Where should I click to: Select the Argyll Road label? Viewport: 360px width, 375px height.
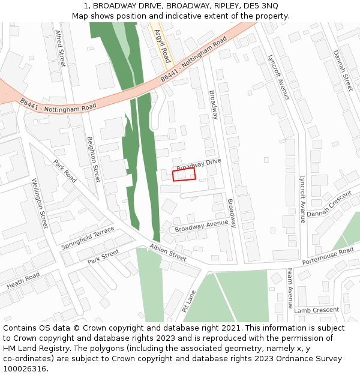[162, 45]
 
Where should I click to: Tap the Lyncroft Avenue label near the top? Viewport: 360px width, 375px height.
[278, 77]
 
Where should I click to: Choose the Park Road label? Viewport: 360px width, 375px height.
[65, 171]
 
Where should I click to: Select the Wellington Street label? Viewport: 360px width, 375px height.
[39, 203]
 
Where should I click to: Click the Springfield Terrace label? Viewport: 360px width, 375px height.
[88, 238]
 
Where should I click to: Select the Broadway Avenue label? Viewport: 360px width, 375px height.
[202, 226]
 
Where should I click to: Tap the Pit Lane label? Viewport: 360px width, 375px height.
[189, 301]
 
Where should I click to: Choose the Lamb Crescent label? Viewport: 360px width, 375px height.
[317, 310]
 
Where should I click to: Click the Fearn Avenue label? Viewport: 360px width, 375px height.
[290, 289]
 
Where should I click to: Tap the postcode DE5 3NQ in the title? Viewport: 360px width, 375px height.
[262, 5]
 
